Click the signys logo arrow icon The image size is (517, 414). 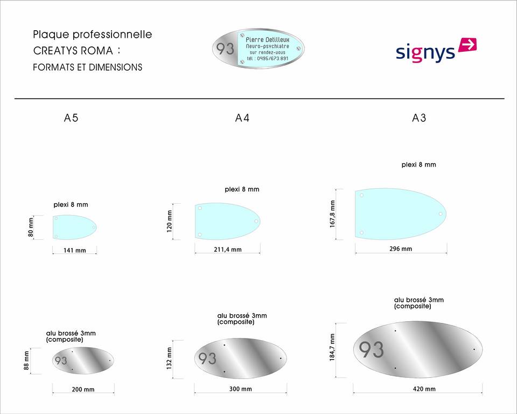(467, 45)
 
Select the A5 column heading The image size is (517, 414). (71, 118)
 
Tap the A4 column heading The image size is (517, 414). (242, 118)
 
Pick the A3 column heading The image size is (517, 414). (419, 118)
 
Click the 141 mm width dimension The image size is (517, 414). (75, 251)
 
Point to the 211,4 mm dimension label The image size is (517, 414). (228, 250)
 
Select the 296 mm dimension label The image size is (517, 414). (401, 249)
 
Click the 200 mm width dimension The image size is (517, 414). (83, 390)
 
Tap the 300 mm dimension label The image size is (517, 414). (240, 389)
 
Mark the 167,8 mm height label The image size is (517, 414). (333, 213)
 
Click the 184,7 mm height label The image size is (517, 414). (333, 348)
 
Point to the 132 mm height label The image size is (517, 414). (169, 358)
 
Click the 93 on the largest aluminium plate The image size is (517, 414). (372, 349)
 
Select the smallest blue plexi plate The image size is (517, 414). (74, 227)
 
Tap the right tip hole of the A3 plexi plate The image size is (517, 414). (441, 213)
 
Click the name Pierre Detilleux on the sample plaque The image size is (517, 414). (267, 40)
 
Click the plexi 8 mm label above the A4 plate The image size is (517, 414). (242, 189)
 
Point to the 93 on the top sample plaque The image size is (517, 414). (226, 49)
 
